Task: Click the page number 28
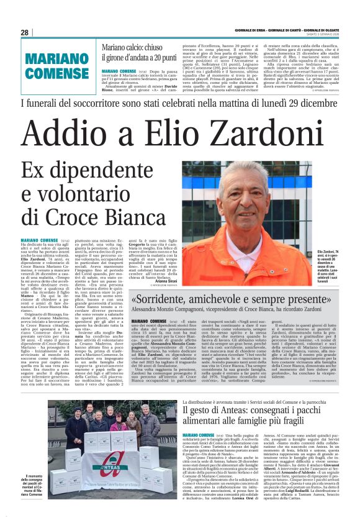pos(25,32)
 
